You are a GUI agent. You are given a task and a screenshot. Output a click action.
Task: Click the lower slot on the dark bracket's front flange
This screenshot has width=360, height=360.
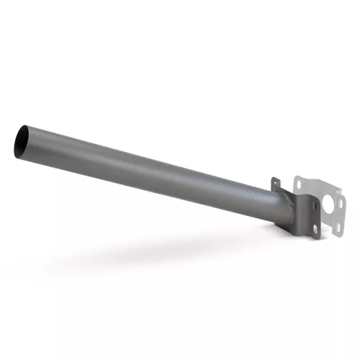[x=316, y=229]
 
